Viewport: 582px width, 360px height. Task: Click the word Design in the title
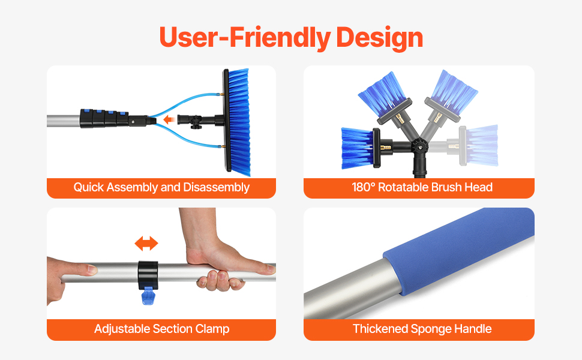pos(379,38)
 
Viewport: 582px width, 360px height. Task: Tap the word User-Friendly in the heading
pos(245,37)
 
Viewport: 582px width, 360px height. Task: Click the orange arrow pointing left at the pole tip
pos(169,119)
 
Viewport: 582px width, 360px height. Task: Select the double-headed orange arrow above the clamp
pos(146,244)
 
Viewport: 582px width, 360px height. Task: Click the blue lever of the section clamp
pos(148,296)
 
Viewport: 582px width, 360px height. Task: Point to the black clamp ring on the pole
pos(148,275)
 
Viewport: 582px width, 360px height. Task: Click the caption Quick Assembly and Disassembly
pos(161,187)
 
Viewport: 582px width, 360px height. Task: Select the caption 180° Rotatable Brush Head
pos(422,187)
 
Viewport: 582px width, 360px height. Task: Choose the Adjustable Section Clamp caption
pos(161,329)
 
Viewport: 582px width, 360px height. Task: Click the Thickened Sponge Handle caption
pos(422,329)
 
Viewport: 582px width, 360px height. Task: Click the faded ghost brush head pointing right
pos(479,145)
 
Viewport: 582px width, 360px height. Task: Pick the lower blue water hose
pos(185,139)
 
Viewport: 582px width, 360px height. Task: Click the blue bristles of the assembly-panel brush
pos(239,122)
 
